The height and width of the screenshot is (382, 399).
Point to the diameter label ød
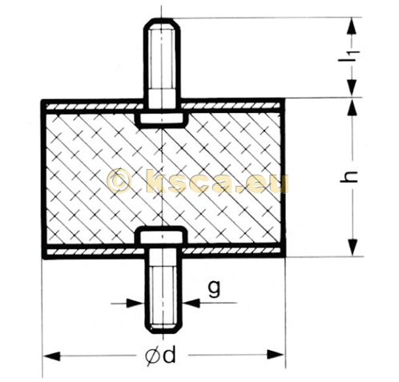[x=163, y=356]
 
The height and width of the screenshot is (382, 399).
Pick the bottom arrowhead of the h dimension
[x=350, y=250]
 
